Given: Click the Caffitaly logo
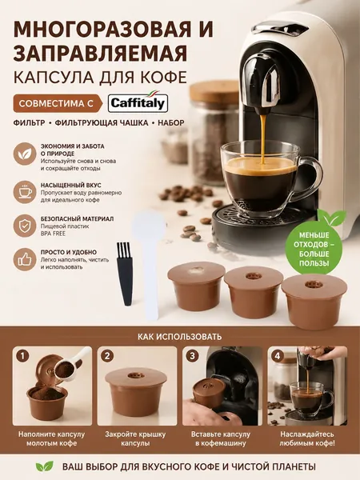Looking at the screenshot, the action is coord(138,103).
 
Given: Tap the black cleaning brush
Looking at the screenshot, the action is coord(125,274).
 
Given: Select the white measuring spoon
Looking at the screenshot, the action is coord(149,266).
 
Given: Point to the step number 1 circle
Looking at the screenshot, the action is coord(23,356).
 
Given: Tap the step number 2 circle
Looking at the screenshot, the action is coord(107,356).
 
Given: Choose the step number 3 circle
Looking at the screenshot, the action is coord(192,356).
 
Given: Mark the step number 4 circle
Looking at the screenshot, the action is coord(277,356).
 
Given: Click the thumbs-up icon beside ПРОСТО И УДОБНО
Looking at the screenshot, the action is coord(25,259).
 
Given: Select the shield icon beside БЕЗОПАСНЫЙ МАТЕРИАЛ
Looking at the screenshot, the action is coord(25,226).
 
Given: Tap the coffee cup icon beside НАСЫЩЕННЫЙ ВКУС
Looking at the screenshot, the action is coord(25,192).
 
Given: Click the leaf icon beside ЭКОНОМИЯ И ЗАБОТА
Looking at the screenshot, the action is coord(25,154).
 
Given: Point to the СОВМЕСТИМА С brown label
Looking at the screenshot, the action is coord(58,103).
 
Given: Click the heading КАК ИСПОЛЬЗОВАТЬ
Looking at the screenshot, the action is coord(179,337).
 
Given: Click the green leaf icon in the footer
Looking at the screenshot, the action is coord(45,466).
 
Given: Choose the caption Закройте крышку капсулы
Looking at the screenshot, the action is coord(135,438).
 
